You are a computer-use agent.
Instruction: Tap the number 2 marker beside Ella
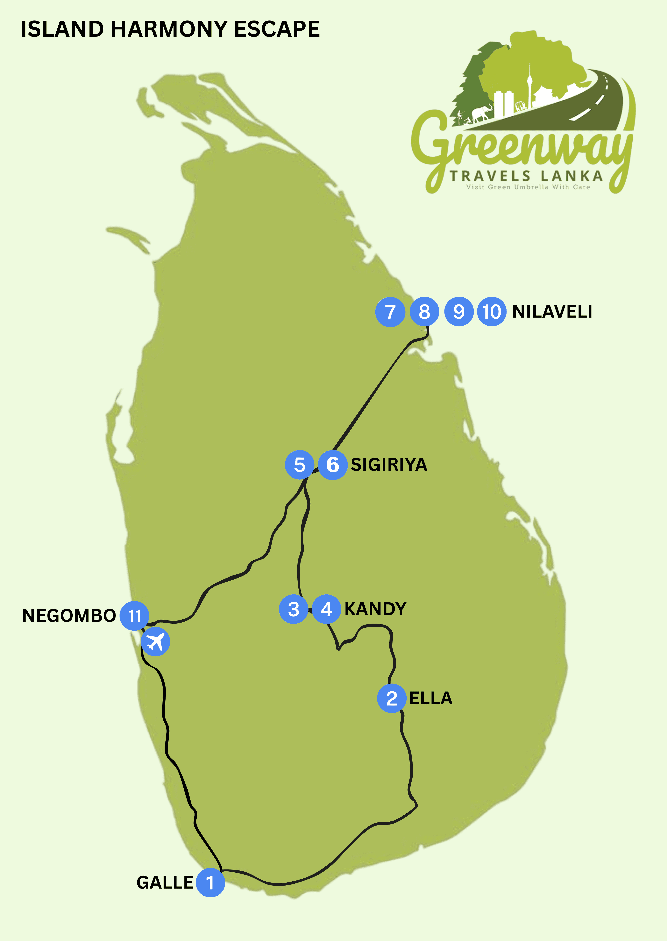click(392, 698)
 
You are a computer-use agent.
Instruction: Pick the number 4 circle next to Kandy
click(327, 609)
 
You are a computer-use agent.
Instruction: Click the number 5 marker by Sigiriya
click(300, 465)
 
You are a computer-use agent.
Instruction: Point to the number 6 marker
click(333, 465)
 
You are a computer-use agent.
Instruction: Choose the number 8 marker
click(424, 311)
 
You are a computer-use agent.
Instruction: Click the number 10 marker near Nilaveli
click(492, 311)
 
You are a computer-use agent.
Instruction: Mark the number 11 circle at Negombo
click(134, 616)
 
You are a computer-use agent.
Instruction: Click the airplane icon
click(155, 642)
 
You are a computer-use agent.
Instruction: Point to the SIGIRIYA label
click(389, 465)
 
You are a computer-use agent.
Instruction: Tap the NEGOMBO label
click(69, 616)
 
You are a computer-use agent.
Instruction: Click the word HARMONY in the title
click(169, 29)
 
